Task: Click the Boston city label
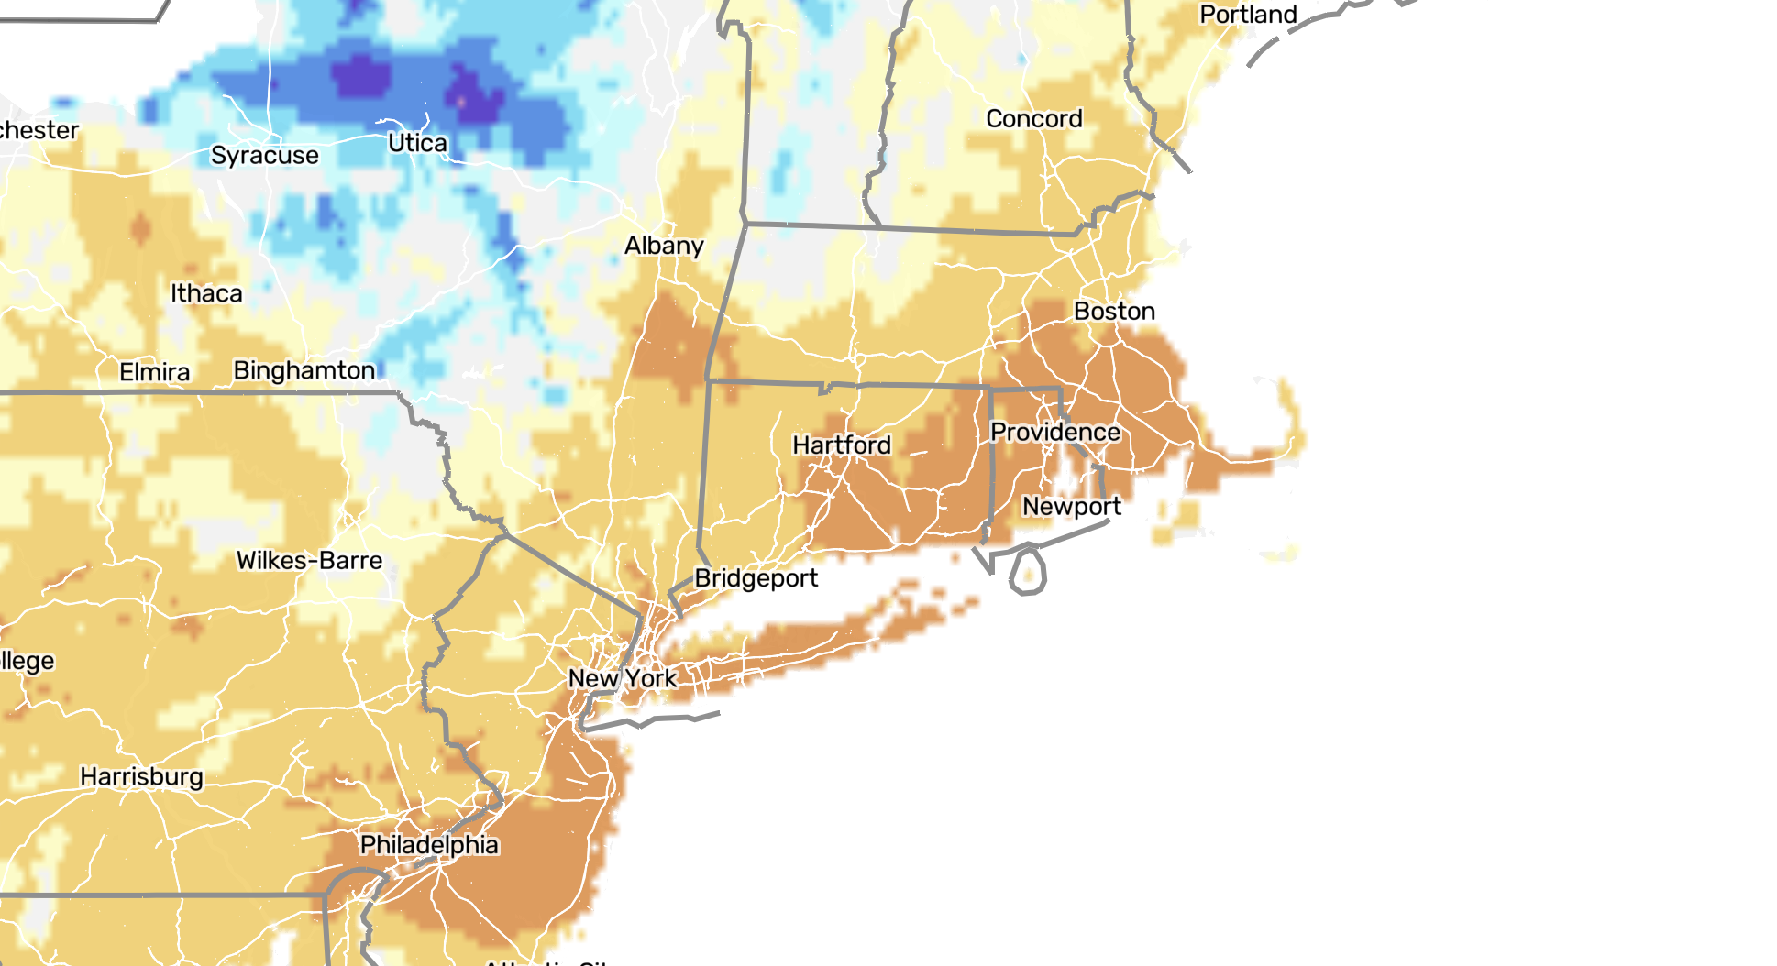(x=1114, y=312)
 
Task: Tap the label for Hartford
(x=842, y=445)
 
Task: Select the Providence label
(x=1055, y=432)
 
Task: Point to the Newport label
(x=1072, y=507)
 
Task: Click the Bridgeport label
(x=756, y=578)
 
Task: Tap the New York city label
(x=623, y=679)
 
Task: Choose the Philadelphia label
(x=429, y=845)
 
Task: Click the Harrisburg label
(x=141, y=777)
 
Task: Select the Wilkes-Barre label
(x=309, y=561)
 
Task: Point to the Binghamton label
(x=304, y=370)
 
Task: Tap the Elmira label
(x=155, y=372)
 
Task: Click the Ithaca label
(x=206, y=294)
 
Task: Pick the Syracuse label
(x=265, y=156)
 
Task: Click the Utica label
(x=417, y=144)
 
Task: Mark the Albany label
(x=664, y=246)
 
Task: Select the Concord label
(x=1034, y=119)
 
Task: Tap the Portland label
(x=1248, y=16)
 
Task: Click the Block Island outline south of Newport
(x=1029, y=571)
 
